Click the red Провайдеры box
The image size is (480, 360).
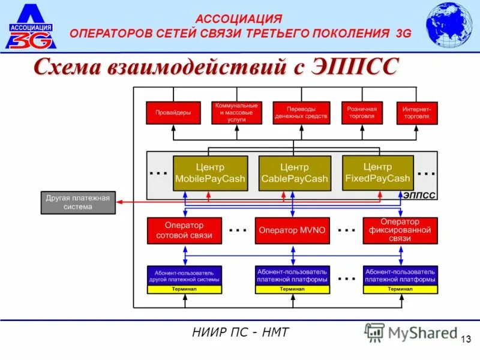click(x=173, y=113)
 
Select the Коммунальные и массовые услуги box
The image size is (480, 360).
click(x=236, y=113)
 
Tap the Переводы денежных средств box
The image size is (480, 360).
click(x=301, y=113)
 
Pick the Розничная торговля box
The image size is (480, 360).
click(x=362, y=113)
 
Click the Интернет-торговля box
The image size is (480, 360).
click(x=416, y=113)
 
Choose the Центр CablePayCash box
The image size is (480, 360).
click(x=295, y=173)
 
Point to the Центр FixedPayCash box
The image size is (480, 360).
click(x=377, y=173)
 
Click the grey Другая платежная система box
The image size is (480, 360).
click(x=78, y=203)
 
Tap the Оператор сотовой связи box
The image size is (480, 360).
click(x=184, y=230)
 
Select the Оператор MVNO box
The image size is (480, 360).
click(x=292, y=230)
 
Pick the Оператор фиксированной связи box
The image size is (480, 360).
click(x=400, y=230)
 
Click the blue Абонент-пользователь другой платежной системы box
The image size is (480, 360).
click(x=184, y=276)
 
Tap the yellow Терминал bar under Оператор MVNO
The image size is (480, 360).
click(x=292, y=289)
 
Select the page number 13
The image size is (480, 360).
click(x=466, y=340)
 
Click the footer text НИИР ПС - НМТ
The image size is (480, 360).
click(x=239, y=332)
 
